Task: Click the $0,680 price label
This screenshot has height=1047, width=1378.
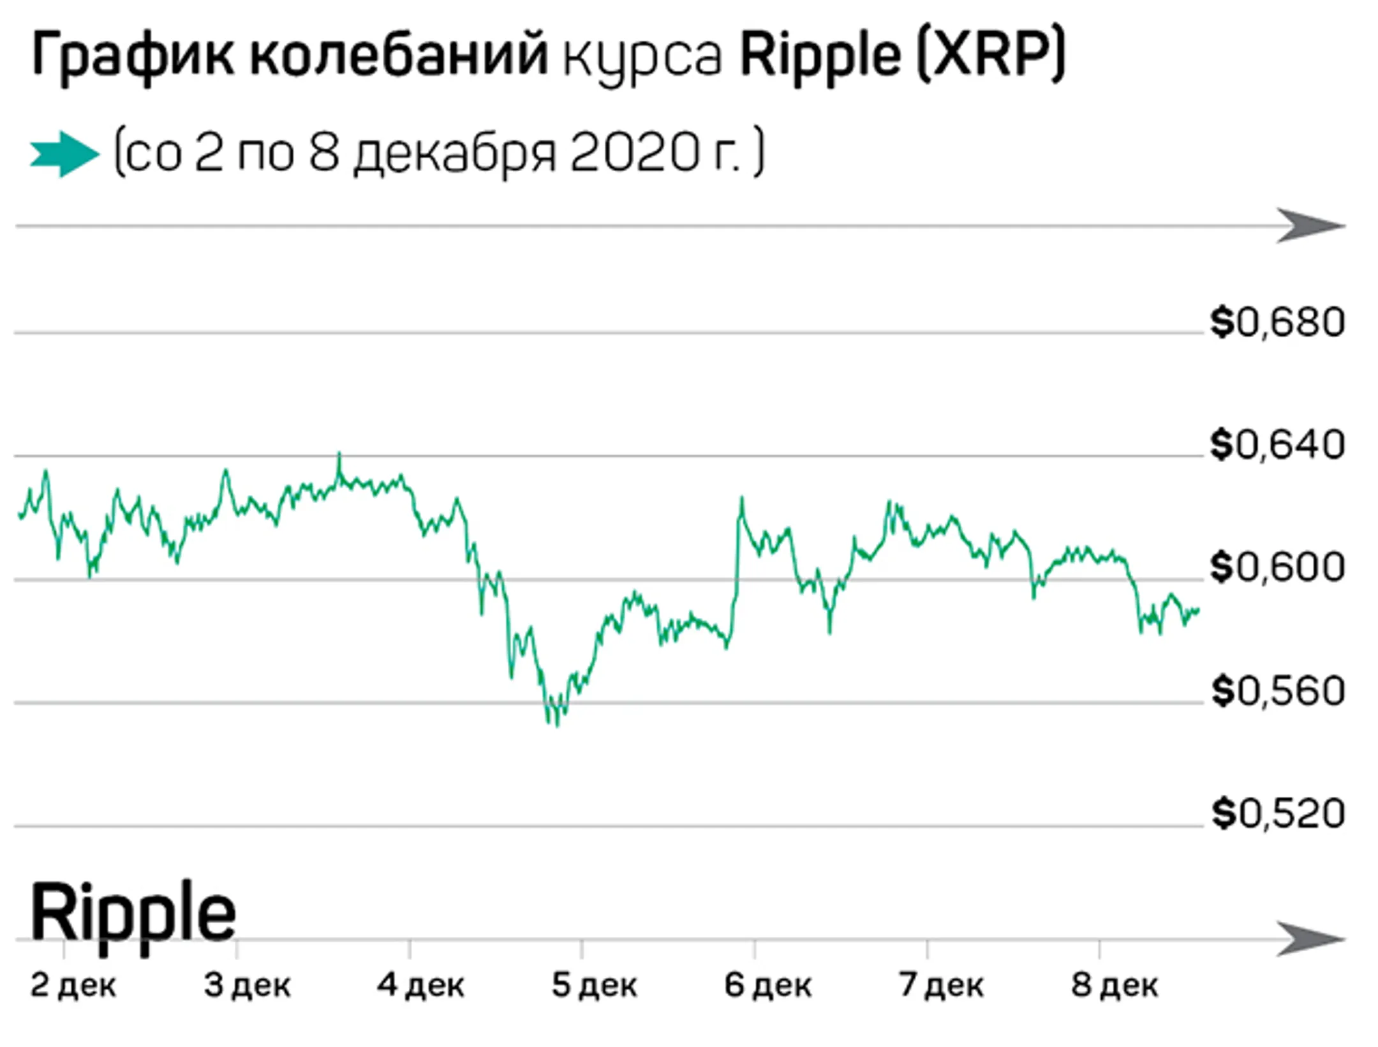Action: pyautogui.click(x=1277, y=322)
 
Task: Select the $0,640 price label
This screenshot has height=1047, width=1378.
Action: pyautogui.click(x=1277, y=445)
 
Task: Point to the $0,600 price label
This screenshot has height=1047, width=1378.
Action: pyautogui.click(x=1277, y=567)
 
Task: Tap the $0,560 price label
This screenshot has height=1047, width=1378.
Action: pyautogui.click(x=1277, y=691)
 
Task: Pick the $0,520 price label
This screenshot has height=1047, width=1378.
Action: pyautogui.click(x=1277, y=814)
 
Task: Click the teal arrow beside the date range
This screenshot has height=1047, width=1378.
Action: pyautogui.click(x=64, y=154)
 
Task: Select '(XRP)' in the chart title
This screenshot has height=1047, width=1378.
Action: pyautogui.click(x=991, y=56)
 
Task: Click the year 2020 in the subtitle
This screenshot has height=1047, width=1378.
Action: pyautogui.click(x=634, y=154)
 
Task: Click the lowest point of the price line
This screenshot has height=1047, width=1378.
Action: pyautogui.click(x=557, y=725)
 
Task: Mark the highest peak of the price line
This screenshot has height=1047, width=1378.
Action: pyautogui.click(x=339, y=455)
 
